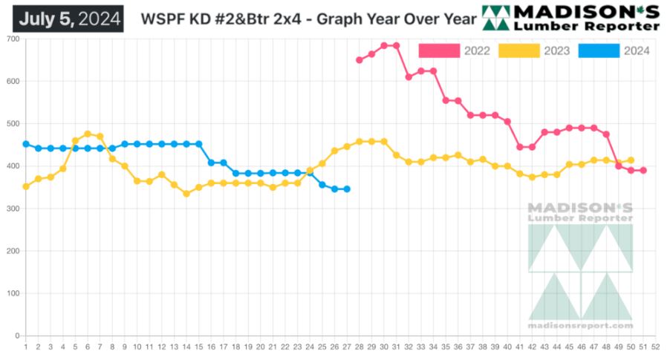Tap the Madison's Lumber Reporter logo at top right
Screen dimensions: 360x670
click(570, 18)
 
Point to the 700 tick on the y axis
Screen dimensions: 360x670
click(13, 39)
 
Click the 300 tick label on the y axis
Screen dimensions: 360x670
click(13, 209)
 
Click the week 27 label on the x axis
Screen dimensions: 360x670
click(347, 347)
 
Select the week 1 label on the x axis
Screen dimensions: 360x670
click(26, 347)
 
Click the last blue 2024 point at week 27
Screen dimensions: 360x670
click(347, 189)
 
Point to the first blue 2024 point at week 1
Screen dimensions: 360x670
click(26, 144)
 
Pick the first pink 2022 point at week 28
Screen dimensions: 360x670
click(359, 60)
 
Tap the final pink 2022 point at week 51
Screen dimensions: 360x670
click(643, 171)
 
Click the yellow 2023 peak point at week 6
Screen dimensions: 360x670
click(88, 134)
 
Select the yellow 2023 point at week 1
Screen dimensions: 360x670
click(26, 186)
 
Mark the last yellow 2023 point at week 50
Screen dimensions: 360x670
click(631, 160)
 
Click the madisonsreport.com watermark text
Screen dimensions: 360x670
click(580, 325)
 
